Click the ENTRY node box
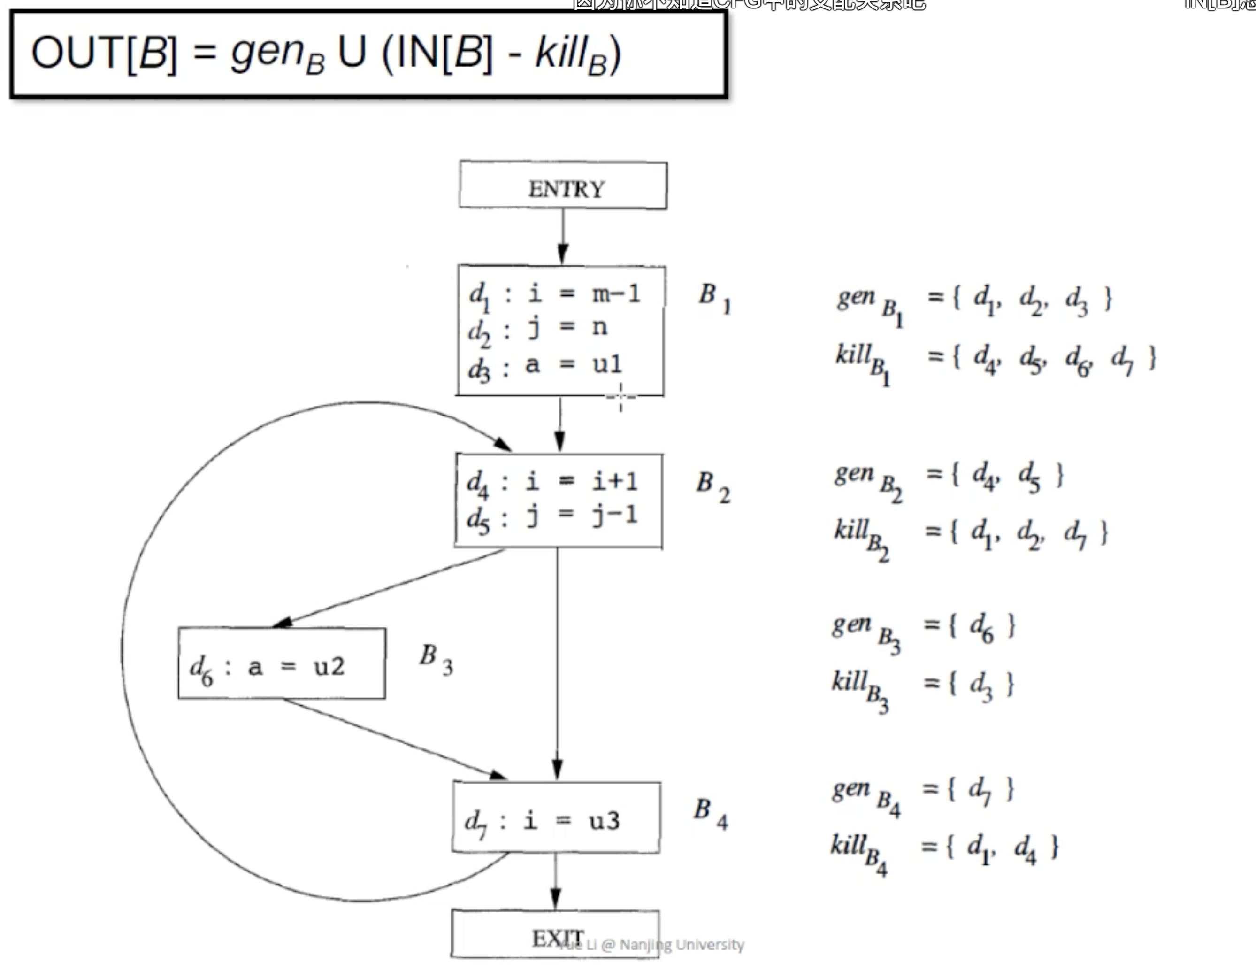[563, 185]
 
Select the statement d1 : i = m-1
[554, 294]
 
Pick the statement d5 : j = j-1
[552, 516]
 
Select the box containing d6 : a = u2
[282, 664]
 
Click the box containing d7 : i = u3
[556, 818]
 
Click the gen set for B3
[923, 628]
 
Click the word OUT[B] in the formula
[104, 54]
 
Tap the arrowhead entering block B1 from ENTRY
[563, 254]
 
